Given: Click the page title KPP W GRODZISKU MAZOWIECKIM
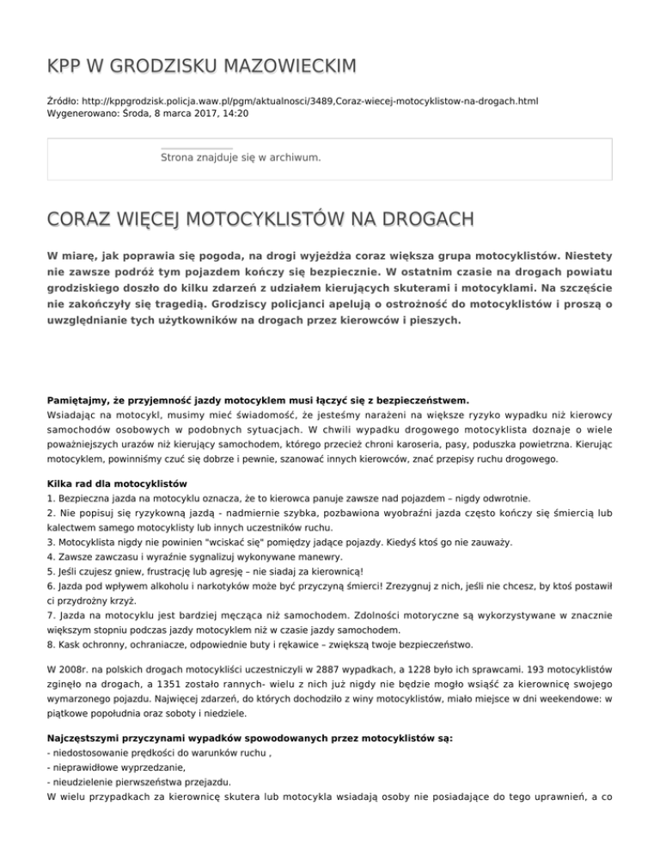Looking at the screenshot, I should (x=202, y=67).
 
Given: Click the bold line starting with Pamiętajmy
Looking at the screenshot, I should (x=258, y=399).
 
